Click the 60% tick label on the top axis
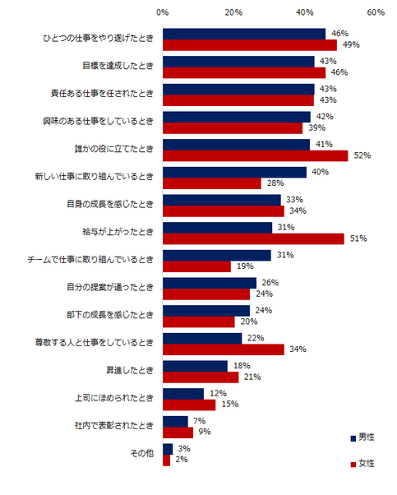click(x=376, y=13)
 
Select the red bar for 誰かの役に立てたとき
click(x=255, y=155)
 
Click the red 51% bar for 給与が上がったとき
click(x=253, y=238)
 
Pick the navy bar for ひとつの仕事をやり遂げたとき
click(x=244, y=34)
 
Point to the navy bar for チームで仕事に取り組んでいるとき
click(x=217, y=255)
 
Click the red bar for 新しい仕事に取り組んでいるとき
click(x=212, y=183)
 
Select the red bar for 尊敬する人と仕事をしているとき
click(x=223, y=349)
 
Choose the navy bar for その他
click(x=168, y=449)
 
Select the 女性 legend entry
click(x=362, y=464)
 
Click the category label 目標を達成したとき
click(x=118, y=67)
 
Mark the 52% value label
click(x=362, y=155)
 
